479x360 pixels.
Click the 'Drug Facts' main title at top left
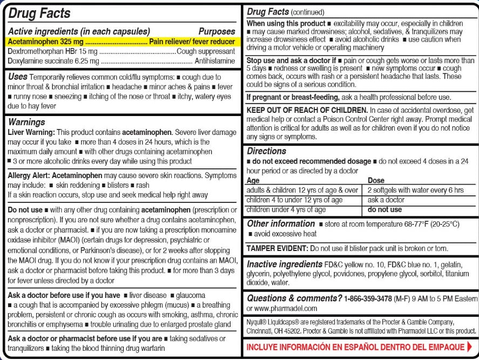point(39,13)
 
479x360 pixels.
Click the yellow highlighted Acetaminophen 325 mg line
point(122,41)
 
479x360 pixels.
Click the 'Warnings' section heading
point(26,123)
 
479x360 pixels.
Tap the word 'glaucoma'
point(190,295)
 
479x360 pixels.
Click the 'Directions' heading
point(266,152)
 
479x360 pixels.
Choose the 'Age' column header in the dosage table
point(253,181)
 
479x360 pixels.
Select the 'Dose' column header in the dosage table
point(376,181)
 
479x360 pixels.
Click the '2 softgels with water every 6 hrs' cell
point(415,190)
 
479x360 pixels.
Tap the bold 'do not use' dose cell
point(384,209)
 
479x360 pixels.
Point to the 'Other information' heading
point(281,223)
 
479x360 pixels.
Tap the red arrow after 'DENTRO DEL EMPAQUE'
point(469,346)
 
